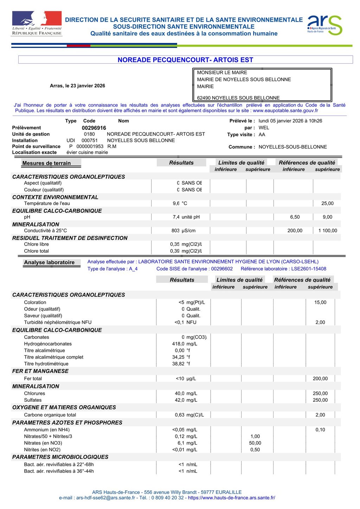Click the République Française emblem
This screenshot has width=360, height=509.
[x=37, y=23]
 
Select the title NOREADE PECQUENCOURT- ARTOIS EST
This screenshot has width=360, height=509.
[x=185, y=60]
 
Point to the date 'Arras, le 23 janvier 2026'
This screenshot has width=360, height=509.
[x=77, y=86]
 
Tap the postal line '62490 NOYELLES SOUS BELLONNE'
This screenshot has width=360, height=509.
[x=238, y=98]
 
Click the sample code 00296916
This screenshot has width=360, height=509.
[x=94, y=128]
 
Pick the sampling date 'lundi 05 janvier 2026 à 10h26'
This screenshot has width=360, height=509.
[x=290, y=121]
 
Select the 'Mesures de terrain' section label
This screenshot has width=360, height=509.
[x=46, y=163]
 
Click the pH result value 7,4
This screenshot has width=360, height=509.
[x=176, y=217]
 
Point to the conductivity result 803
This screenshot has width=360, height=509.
[x=175, y=231]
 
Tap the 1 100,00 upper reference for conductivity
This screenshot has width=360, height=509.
[x=327, y=231]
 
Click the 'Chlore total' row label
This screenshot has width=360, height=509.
[x=36, y=251]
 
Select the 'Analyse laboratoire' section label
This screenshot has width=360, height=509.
[x=49, y=262]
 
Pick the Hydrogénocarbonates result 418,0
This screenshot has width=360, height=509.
[x=178, y=344]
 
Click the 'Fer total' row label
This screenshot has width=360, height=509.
[x=33, y=379]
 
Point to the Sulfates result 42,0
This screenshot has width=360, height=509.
[x=180, y=400]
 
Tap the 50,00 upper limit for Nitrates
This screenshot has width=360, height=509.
[x=255, y=443]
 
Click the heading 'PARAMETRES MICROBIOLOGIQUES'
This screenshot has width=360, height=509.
[x=60, y=457]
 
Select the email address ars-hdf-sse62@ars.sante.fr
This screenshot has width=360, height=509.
[x=105, y=498]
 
